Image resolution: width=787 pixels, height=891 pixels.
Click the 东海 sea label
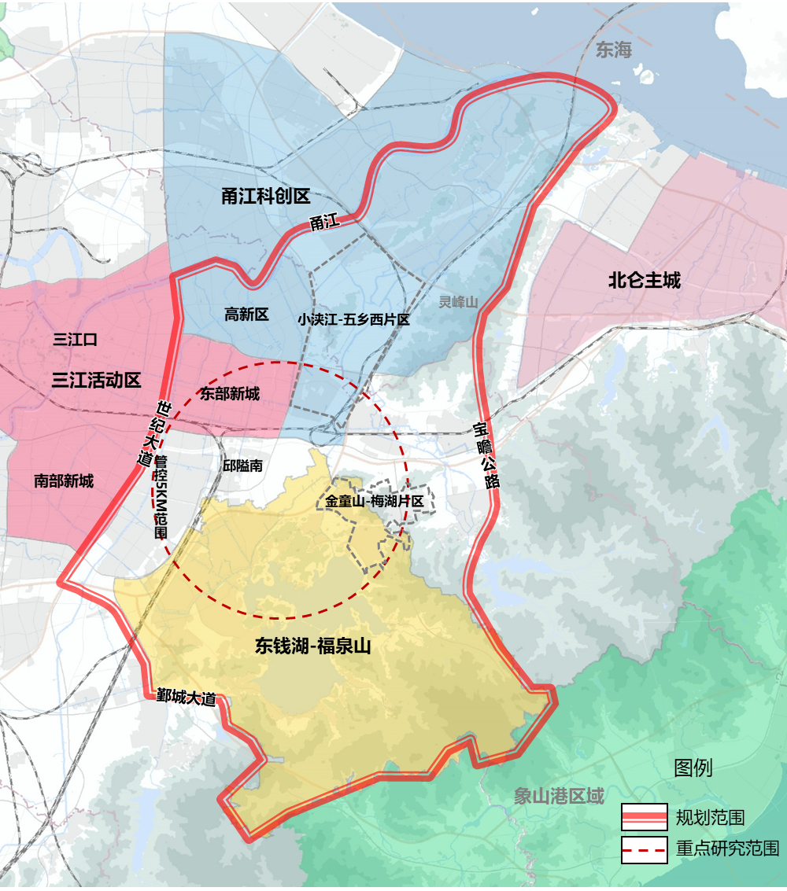[614, 50]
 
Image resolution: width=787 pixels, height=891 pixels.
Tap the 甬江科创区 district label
[266, 197]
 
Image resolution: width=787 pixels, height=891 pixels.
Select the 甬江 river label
[323, 223]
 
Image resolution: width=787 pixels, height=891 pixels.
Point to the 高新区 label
[246, 315]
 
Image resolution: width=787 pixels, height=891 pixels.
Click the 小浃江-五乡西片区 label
[353, 320]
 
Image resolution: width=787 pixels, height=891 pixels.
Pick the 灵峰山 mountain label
[458, 302]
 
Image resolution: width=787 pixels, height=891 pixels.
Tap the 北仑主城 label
[644, 280]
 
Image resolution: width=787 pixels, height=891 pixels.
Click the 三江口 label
[75, 340]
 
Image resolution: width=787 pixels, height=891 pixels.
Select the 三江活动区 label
[96, 381]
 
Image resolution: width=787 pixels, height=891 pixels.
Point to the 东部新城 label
[229, 393]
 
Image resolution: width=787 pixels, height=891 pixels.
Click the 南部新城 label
[64, 480]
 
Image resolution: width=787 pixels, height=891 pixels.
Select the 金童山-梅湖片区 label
[375, 501]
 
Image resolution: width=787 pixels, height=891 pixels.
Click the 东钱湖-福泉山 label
[312, 646]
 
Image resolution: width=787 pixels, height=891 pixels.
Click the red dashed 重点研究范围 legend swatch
[644, 850]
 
